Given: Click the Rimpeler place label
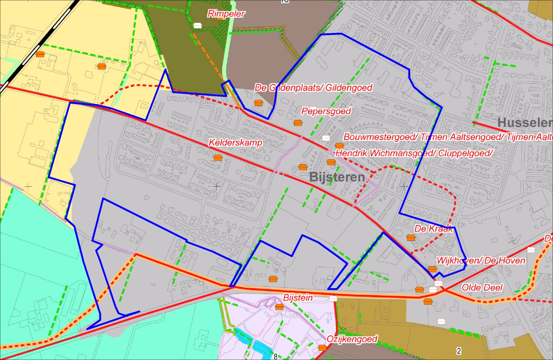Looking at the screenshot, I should click(x=226, y=14).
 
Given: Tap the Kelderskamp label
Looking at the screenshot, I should click(x=235, y=142).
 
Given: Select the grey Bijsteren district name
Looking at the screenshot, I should click(x=337, y=177).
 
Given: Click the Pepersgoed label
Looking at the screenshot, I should click(x=326, y=111).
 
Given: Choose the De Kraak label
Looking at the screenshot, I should click(x=434, y=229).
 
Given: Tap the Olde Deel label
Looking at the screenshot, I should click(x=482, y=287).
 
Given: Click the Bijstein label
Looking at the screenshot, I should click(x=298, y=298).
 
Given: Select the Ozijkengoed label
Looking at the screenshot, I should click(x=352, y=339).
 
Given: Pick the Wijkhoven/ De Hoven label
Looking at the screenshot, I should click(x=481, y=261).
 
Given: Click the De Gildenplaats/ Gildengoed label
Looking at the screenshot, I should click(x=314, y=88).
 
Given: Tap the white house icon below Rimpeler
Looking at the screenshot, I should click(x=197, y=26).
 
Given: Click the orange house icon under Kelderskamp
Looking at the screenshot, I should click(x=218, y=158).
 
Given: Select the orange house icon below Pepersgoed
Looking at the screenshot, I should click(x=298, y=123).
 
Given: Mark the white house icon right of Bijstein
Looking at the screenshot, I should click(x=333, y=298).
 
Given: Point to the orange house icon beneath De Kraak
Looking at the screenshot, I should click(x=411, y=238).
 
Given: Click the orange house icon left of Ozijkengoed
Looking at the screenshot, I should click(x=322, y=348).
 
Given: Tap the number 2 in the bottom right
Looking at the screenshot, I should click(x=459, y=351).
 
